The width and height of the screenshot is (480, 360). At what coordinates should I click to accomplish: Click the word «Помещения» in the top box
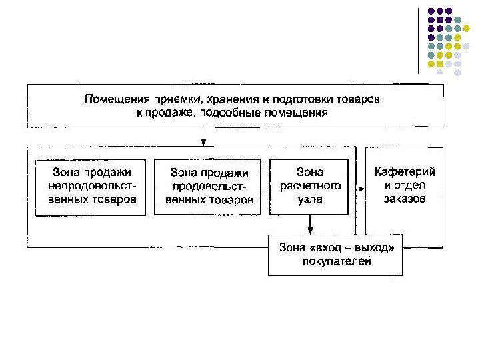(112, 99)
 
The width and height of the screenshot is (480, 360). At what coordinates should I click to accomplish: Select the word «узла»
(310, 198)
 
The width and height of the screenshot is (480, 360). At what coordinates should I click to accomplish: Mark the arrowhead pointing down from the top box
(203, 141)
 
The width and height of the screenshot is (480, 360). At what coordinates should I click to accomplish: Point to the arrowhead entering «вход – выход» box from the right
(407, 249)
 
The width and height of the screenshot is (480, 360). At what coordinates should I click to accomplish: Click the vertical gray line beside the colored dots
(418, 40)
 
